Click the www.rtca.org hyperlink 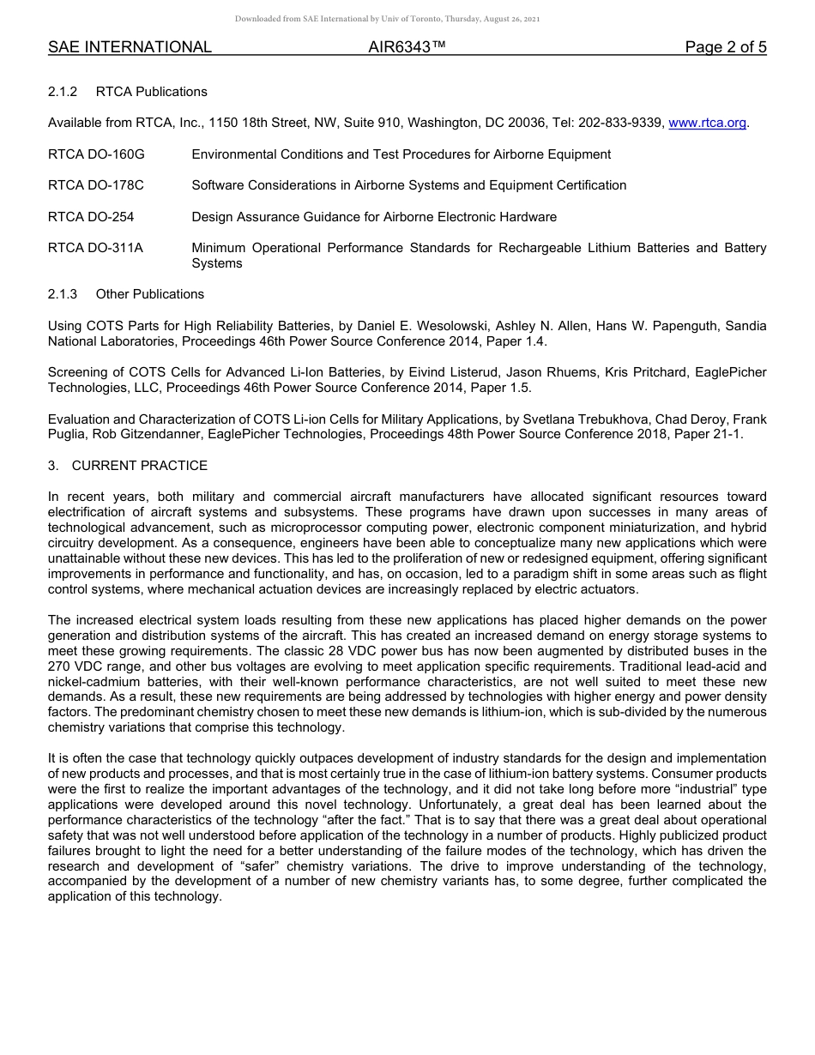point(707,123)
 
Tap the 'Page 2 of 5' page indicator point(725,47)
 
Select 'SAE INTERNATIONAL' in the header point(130,47)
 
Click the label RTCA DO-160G point(96,154)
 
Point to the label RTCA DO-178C point(96,185)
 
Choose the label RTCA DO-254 point(91,217)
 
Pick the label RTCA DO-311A point(95,248)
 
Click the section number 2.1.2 point(63,92)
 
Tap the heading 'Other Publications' point(150,294)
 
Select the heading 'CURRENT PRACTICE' point(140,466)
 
